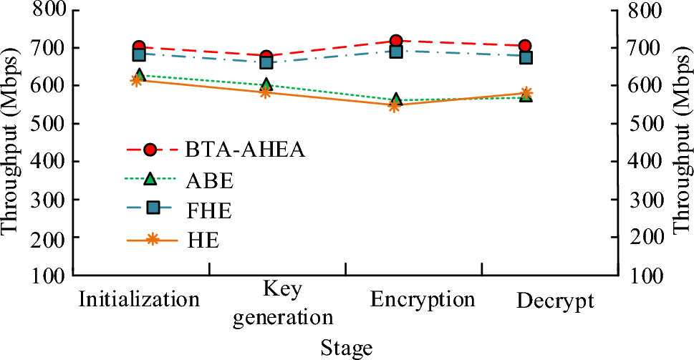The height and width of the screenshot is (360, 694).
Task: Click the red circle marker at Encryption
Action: pos(396,41)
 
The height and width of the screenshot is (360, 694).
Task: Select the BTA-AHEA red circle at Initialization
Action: pos(139,47)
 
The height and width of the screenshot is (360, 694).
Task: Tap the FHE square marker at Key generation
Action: pos(266,62)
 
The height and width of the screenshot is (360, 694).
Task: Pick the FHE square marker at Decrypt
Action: pos(525,57)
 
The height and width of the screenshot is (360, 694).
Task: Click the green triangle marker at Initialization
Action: pos(139,74)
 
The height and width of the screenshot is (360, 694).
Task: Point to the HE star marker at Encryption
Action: pos(394,106)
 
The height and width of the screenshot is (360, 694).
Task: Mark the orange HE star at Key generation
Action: pos(266,92)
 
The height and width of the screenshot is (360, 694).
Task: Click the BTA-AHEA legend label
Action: pos(245,150)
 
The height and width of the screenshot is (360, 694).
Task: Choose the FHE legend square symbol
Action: pos(151,208)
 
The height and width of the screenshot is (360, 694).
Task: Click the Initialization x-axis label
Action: pos(139,299)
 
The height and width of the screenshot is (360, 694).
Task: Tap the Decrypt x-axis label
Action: pos(555,301)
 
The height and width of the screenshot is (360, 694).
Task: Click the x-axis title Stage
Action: pos(347,348)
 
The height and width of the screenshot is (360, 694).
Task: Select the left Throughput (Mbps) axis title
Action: pos(12,142)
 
